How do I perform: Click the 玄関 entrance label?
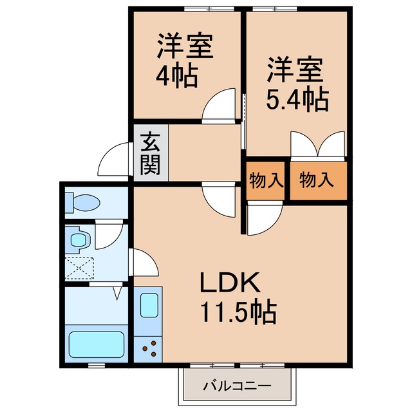[151, 154]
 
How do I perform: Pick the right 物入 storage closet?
[317, 180]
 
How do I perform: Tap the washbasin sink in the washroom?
[79, 240]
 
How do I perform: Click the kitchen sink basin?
[149, 304]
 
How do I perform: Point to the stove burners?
[150, 348]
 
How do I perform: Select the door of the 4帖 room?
[216, 107]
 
